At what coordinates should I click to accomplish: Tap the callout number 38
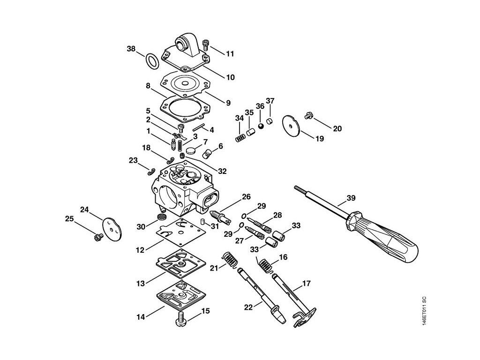pos(132,48)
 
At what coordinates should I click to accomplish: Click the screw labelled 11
pos(205,45)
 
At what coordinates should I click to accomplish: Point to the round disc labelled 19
pos(291,124)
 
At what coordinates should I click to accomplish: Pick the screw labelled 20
pos(308,114)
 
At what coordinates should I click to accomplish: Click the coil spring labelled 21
pos(229,260)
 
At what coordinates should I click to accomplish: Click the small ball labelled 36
pos(260,126)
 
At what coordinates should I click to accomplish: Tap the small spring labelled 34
pos(240,138)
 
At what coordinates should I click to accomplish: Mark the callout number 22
pos(249,307)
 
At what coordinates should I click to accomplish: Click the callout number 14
pos(141,317)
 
